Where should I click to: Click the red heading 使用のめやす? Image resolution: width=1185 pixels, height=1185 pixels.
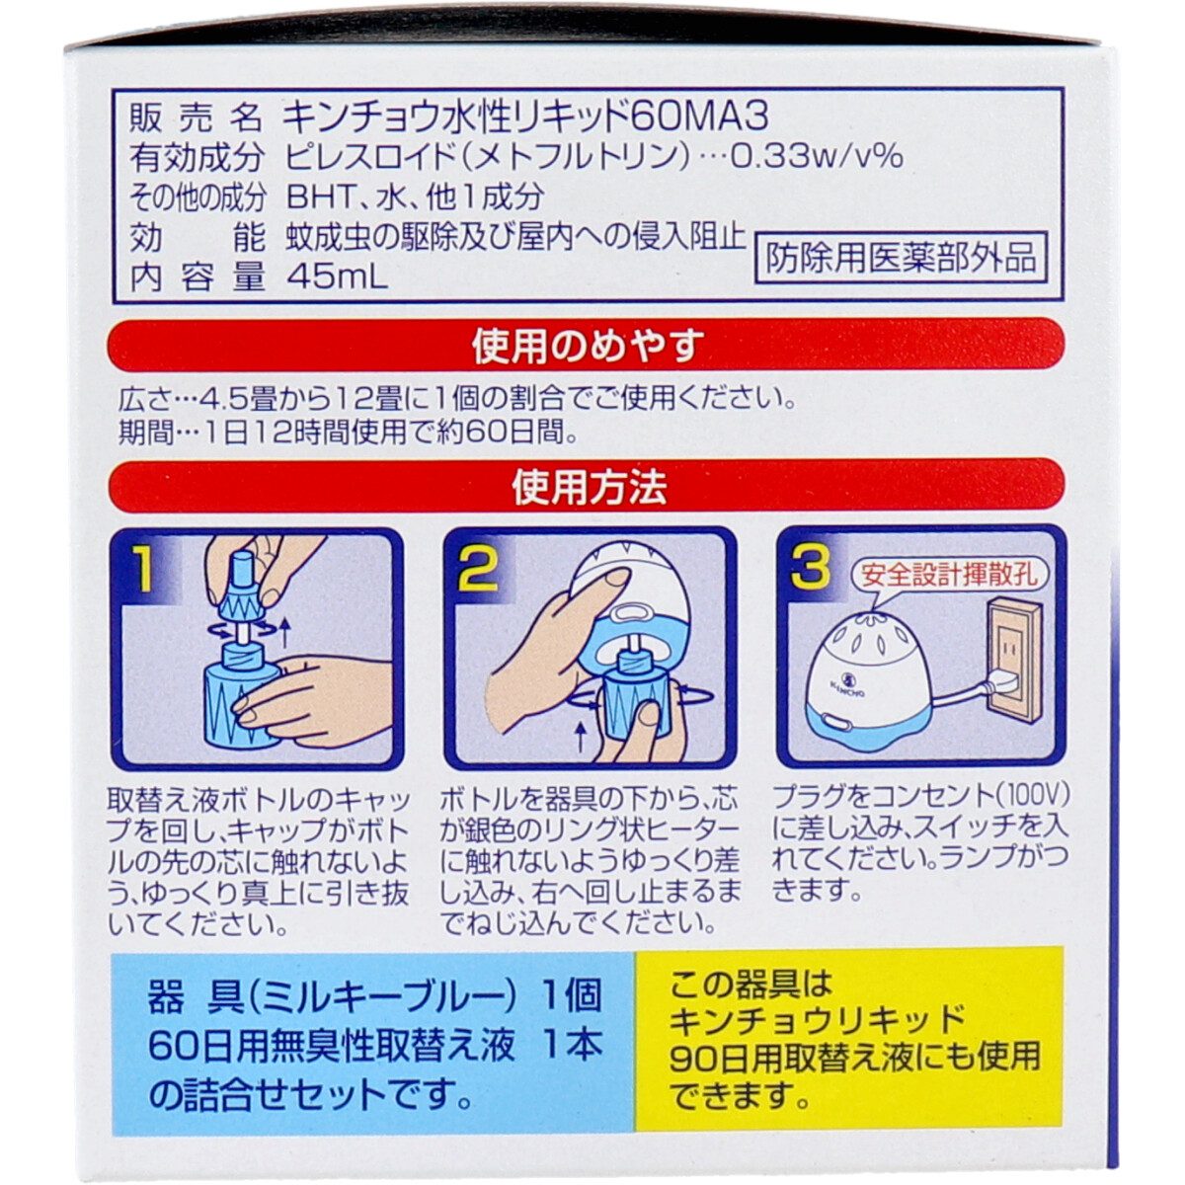pos(589,348)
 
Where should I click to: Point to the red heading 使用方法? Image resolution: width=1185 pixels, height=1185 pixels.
pos(590,488)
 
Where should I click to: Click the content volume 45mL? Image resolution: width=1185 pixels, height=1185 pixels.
pos(336,279)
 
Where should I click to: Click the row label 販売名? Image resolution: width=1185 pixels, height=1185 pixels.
pos(196,119)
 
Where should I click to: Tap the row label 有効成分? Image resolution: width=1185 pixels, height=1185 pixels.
pos(196,159)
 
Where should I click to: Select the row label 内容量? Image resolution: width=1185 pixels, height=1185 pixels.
pos(196,279)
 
